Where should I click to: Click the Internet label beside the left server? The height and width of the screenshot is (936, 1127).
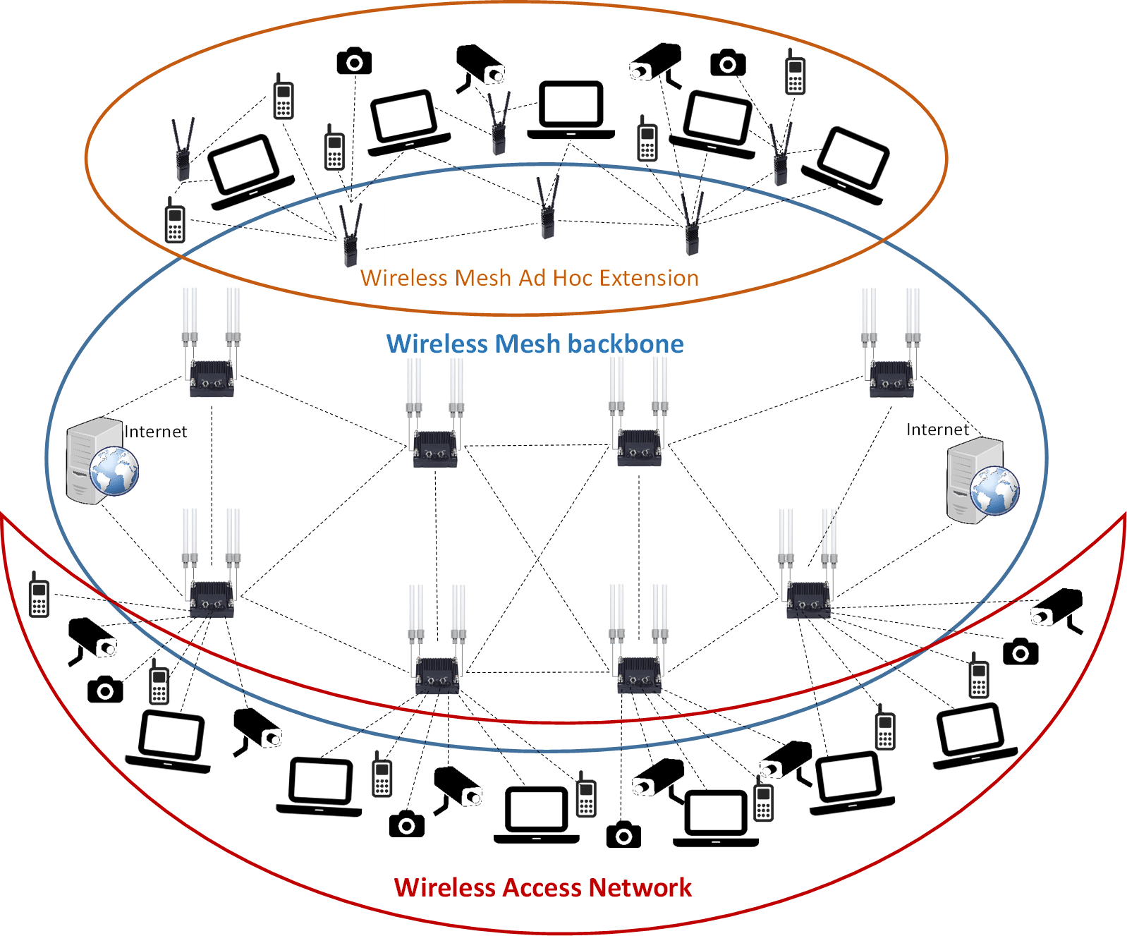[156, 432]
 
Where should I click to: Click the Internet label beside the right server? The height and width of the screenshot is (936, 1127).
[937, 430]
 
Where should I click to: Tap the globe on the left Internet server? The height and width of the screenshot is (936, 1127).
[114, 470]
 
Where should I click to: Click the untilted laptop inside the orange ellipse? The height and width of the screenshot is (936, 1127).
[571, 110]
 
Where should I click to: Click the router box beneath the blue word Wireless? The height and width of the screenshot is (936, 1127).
[436, 449]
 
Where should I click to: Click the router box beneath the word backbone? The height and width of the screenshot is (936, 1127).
[640, 449]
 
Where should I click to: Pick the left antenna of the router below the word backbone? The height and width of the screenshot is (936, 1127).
[618, 384]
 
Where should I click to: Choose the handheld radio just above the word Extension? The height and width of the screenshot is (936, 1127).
[692, 224]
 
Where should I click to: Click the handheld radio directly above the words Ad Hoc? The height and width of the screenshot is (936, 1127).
[548, 207]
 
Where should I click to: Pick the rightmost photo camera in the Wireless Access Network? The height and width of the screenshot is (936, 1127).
[1021, 652]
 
